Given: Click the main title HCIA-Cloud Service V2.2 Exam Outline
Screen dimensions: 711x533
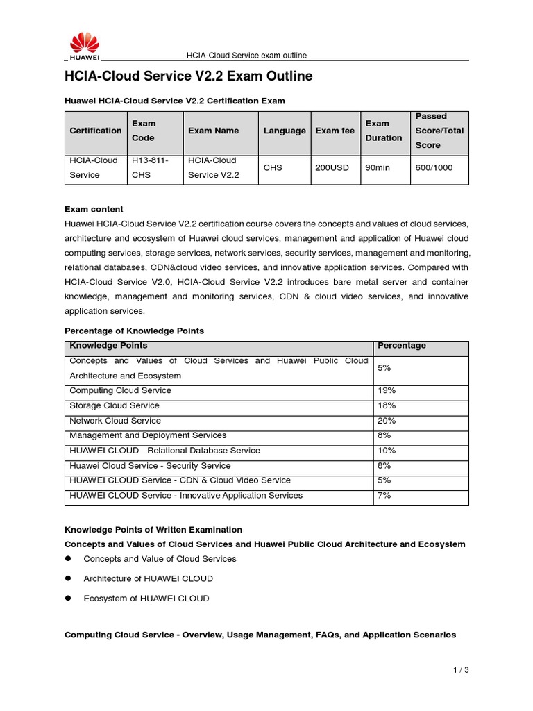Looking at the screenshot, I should click(x=188, y=76).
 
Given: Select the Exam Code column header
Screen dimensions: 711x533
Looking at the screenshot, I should click(x=144, y=131).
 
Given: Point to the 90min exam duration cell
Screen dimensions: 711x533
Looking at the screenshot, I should click(x=377, y=168).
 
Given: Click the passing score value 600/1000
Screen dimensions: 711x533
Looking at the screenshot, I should click(x=434, y=168).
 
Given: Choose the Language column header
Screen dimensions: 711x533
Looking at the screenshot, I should click(x=285, y=131).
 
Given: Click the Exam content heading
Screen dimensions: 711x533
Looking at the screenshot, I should click(x=94, y=209).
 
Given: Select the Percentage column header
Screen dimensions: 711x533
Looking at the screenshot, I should click(x=401, y=346).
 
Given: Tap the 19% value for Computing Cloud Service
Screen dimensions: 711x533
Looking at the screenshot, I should click(x=387, y=391).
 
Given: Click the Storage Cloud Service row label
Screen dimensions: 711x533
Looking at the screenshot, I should click(x=115, y=405).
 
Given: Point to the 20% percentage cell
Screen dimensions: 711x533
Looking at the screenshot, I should click(x=387, y=421).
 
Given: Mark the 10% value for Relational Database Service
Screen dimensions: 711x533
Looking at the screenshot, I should click(x=387, y=451).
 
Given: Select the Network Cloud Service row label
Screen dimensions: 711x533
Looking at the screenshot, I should click(x=115, y=421).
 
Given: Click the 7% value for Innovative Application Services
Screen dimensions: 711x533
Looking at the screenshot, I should click(x=384, y=496).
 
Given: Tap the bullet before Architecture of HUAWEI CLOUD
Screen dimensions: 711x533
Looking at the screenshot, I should click(x=69, y=578).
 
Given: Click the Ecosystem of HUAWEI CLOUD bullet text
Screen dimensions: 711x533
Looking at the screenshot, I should click(x=146, y=599).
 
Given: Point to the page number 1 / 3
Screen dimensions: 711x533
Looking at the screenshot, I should click(x=460, y=670).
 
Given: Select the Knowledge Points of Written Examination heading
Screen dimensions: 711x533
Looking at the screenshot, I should click(x=153, y=530).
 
